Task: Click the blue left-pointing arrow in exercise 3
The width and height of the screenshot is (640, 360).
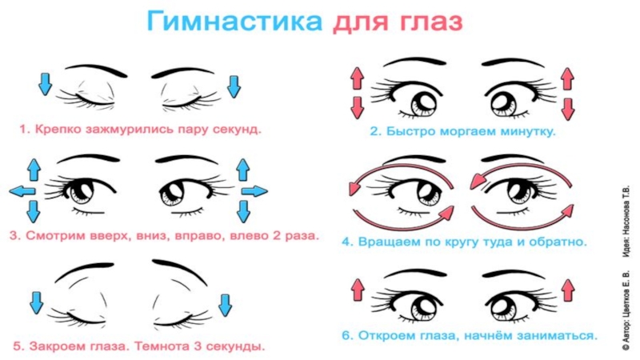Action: (x=19, y=190)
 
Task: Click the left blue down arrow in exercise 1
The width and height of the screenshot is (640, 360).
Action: (x=45, y=84)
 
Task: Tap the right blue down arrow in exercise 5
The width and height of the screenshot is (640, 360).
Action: (x=225, y=304)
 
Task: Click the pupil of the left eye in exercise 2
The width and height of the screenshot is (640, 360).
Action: (x=421, y=102)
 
